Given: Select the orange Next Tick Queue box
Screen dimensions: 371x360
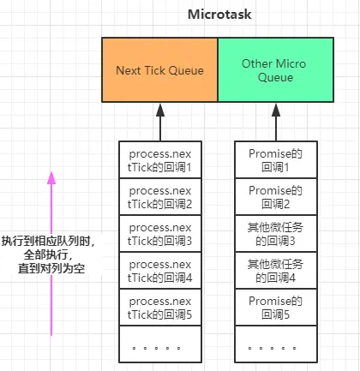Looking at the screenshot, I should pyautogui.click(x=159, y=70).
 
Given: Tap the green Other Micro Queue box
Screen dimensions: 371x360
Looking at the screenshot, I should pyautogui.click(x=273, y=70).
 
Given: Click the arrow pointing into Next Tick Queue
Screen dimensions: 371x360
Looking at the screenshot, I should pyautogui.click(x=159, y=122).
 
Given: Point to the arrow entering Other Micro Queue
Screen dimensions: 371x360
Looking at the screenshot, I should pyautogui.click(x=273, y=122).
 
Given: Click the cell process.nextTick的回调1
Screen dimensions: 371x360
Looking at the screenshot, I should pyautogui.click(x=159, y=159).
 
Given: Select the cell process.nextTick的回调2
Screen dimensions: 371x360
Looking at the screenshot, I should pyautogui.click(x=159, y=196).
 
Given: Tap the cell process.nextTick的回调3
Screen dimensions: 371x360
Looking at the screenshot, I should pyautogui.click(x=159, y=233).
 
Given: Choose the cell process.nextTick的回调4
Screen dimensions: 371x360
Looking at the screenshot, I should pyautogui.click(x=159, y=271).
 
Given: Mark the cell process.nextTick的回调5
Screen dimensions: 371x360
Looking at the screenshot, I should pyautogui.click(x=159, y=308).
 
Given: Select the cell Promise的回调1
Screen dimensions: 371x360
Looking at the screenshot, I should pyautogui.click(x=273, y=159).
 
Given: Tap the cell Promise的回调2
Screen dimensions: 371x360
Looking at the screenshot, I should pyautogui.click(x=273, y=196).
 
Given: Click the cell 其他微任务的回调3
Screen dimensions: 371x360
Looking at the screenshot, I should pyautogui.click(x=273, y=233).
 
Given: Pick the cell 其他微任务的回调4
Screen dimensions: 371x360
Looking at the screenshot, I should pyautogui.click(x=273, y=271).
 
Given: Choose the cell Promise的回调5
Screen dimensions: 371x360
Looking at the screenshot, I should pyautogui.click(x=273, y=308).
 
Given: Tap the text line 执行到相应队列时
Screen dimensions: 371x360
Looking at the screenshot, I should pyautogui.click(x=47, y=241).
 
